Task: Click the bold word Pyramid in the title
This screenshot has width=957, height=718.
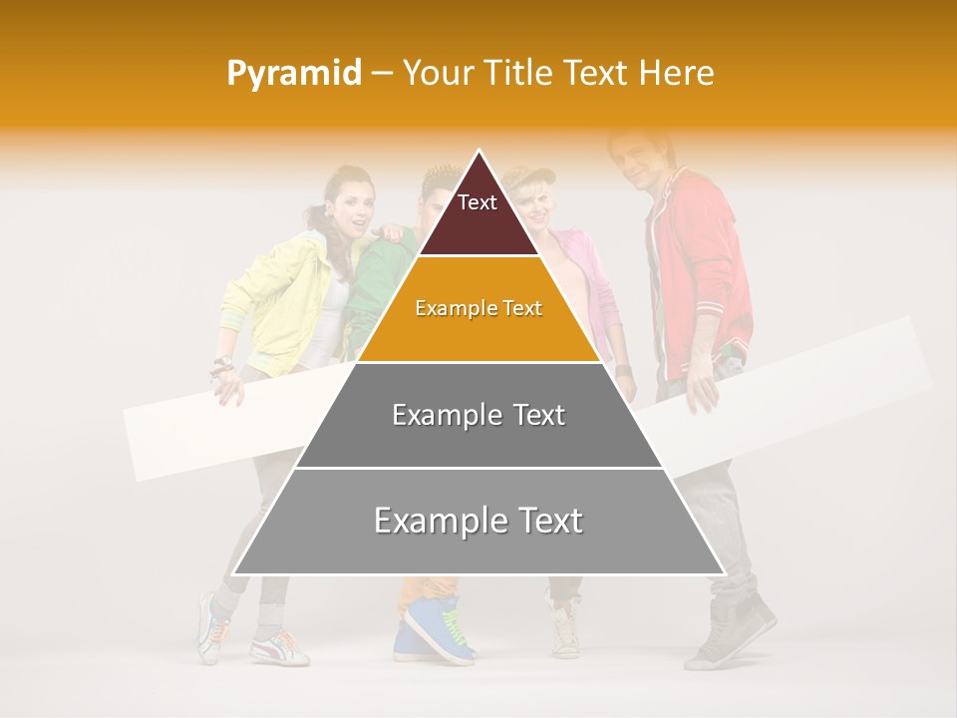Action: coord(294,73)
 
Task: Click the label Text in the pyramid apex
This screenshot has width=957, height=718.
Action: coord(478,202)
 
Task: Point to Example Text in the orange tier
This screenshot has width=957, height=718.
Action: coord(478,308)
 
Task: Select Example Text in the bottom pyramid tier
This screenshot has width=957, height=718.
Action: coord(478,521)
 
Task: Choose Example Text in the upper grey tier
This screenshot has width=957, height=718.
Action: coord(478,415)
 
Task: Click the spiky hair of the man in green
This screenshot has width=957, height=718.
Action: coord(440,180)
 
